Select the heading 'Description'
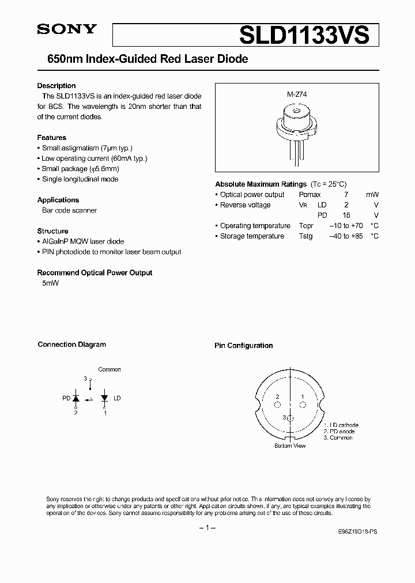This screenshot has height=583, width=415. click(x=56, y=86)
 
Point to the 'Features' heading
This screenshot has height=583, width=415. click(x=52, y=138)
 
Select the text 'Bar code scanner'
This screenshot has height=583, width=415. click(x=69, y=210)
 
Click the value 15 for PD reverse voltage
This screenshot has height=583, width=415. click(x=346, y=215)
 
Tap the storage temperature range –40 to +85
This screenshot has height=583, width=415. click(x=346, y=236)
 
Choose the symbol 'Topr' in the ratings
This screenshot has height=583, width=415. click(x=306, y=226)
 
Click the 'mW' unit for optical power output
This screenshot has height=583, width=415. click(x=372, y=195)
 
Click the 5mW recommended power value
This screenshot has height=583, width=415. click(x=51, y=283)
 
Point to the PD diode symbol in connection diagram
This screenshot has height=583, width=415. click(x=76, y=397)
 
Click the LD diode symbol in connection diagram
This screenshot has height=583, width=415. click(x=104, y=397)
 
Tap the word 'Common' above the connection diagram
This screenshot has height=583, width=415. click(x=110, y=369)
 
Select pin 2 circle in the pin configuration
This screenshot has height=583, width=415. click(x=277, y=405)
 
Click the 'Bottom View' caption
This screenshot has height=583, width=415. click(x=290, y=445)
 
